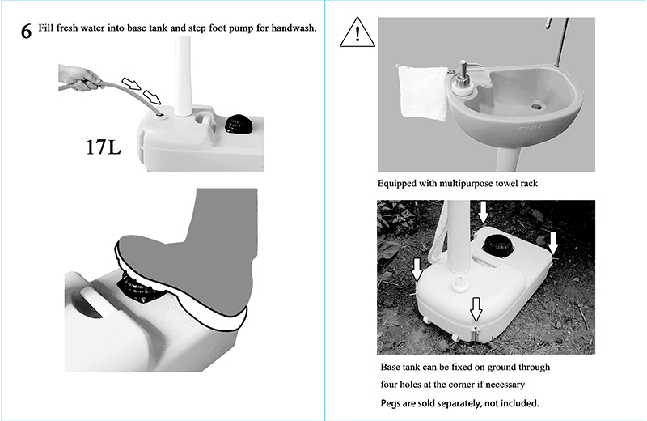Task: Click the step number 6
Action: point(26,32)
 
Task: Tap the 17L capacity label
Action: point(104,147)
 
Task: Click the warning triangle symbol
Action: point(357,32)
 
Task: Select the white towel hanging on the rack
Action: point(422,92)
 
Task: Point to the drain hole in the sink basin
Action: point(536,107)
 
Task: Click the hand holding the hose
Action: point(80,78)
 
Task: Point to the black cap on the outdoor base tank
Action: point(498,246)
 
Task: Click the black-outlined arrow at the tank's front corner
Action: point(476,309)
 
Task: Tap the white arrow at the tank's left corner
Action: point(417,270)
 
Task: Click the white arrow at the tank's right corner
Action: point(553,243)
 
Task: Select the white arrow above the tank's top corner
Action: point(483,213)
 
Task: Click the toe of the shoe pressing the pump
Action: point(123,247)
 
